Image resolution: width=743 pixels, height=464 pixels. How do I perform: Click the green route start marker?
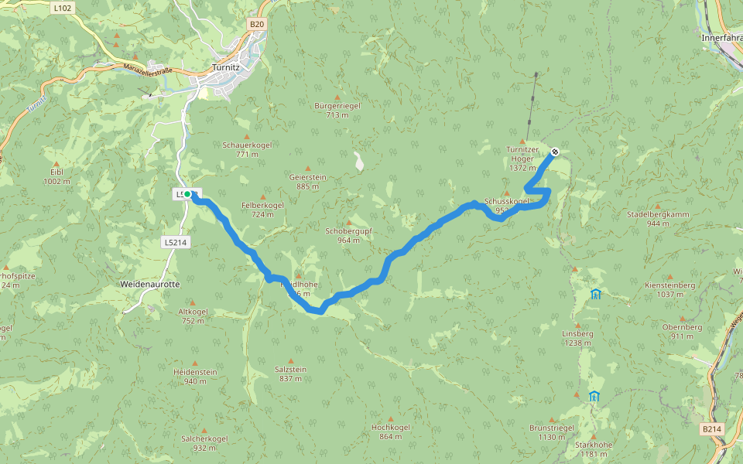point(188,194)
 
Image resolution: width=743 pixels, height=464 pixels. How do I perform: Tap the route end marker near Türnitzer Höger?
point(555,152)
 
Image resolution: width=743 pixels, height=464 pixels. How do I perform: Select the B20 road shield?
point(257,25)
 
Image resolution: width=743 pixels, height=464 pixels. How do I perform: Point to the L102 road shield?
point(63,8)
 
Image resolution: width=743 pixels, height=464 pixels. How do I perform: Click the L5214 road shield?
point(175,242)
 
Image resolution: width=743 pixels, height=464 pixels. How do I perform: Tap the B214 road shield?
point(712,428)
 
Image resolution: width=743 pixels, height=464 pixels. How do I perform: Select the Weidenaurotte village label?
point(150,285)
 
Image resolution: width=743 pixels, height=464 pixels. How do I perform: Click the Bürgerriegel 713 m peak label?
point(337,110)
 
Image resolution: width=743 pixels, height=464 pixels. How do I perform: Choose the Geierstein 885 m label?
point(307,181)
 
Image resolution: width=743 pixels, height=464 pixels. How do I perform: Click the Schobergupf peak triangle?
point(349,222)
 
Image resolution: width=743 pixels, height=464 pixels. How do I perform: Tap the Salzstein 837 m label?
point(290,374)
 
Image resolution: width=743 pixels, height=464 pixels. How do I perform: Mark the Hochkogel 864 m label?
point(391,432)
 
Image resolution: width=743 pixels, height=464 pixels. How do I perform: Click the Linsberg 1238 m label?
point(577,337)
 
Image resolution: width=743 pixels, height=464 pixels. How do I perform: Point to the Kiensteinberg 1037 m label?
point(669,289)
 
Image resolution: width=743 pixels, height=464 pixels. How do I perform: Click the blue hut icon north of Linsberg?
point(595,294)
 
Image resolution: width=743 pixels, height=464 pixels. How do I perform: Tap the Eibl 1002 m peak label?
point(56,176)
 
